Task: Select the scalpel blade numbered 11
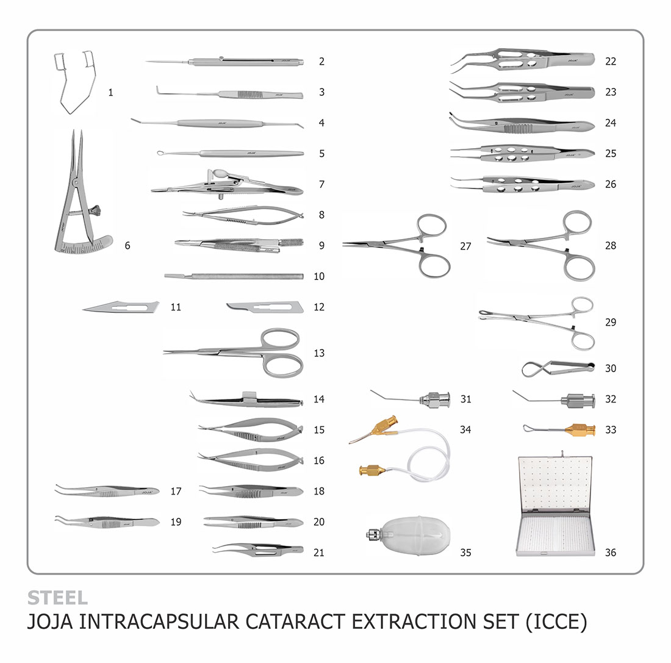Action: [x=121, y=307]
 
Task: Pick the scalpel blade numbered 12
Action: [x=265, y=307]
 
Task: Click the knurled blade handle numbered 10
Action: [x=234, y=276]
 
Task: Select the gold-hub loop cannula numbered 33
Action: [x=559, y=429]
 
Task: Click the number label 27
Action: [x=465, y=246]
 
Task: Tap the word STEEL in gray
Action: [x=58, y=598]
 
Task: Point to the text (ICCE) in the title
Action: [x=556, y=622]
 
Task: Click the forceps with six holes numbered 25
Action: [x=522, y=153]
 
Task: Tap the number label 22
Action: [x=611, y=61]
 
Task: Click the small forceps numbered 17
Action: [x=107, y=491]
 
